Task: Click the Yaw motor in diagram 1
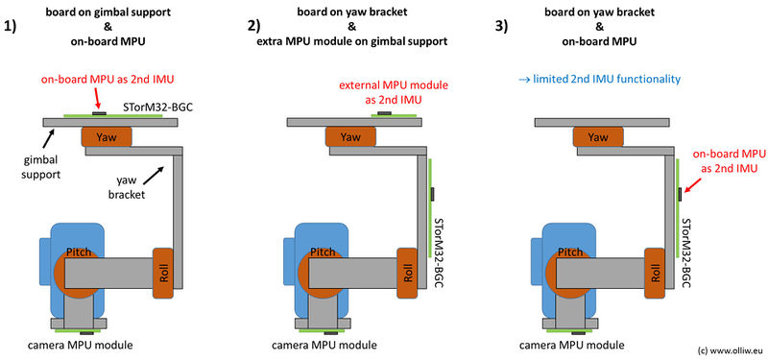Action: coord(107,136)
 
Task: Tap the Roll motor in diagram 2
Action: coord(407,274)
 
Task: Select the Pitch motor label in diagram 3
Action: coord(569,252)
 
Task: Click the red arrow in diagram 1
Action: coord(98,100)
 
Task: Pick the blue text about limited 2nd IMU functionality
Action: coord(599,80)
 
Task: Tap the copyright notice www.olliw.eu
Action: coord(731,350)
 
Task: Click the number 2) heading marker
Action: coord(255,27)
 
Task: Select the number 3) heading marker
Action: coord(502,27)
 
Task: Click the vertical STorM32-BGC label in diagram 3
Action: coord(686,252)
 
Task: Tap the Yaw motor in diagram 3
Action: coord(598,136)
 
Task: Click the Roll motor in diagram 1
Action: coord(163,274)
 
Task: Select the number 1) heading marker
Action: coord(11,27)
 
